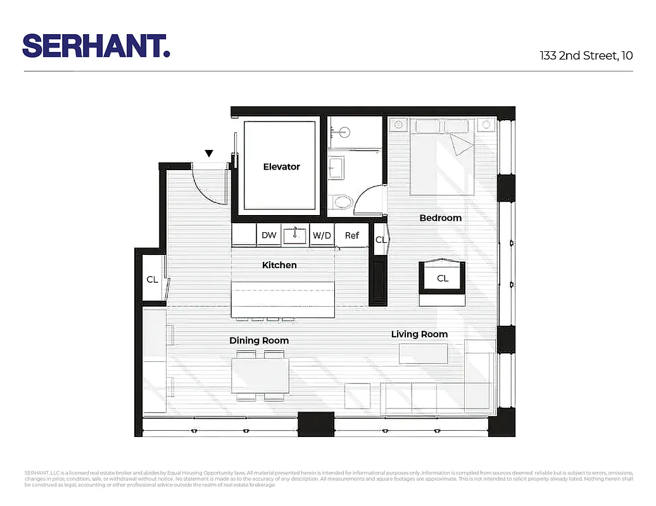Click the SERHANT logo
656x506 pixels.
coord(96,46)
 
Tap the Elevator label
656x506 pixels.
coord(281,167)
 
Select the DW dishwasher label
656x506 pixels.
coord(269,235)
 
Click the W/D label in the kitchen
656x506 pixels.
coord(322,235)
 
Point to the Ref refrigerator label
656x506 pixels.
coord(352,235)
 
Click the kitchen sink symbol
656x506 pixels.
coord(295,235)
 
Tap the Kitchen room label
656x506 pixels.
coord(279,265)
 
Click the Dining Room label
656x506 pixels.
coord(259,340)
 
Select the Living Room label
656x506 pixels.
coord(419,334)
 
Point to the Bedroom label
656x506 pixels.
coord(441,218)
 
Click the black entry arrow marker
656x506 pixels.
coord(209,153)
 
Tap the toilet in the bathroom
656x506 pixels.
coord(343,202)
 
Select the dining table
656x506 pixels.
coord(260,376)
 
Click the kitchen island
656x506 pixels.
coord(282,301)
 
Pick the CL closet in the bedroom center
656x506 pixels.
coord(443,278)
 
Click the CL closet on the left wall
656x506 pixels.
coord(152,279)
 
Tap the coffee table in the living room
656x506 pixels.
coord(424,354)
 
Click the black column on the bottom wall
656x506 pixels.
coord(315,424)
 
